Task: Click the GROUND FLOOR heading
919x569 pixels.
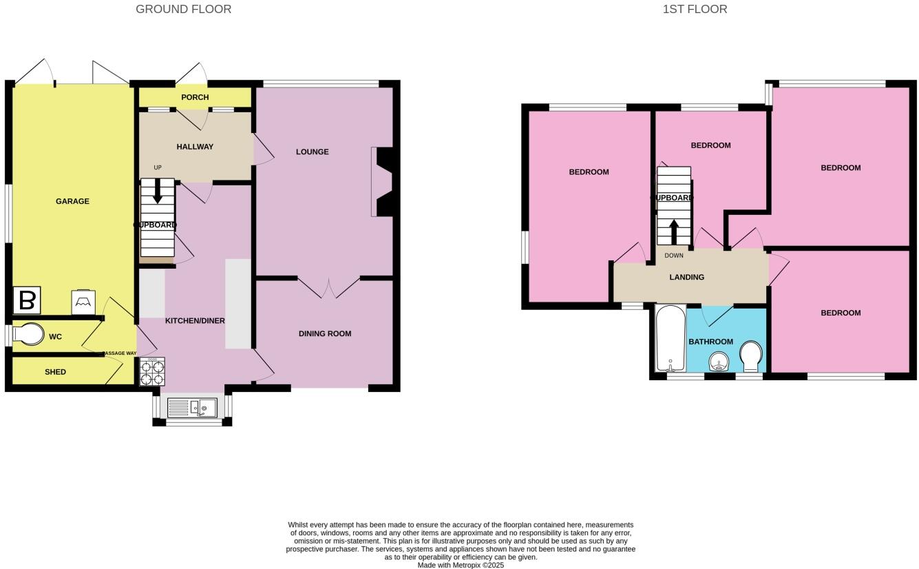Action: point(183,9)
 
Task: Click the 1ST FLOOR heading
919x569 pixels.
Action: point(695,9)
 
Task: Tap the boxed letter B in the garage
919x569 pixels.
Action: point(27,300)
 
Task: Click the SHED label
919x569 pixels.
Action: point(55,372)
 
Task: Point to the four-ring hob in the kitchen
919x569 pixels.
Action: point(152,372)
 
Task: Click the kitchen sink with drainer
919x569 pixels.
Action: point(193,408)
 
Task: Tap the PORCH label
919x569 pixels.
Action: point(195,97)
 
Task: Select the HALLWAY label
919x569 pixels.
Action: point(195,147)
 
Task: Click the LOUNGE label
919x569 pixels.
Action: point(312,152)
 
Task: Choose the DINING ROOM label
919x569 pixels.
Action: point(325,333)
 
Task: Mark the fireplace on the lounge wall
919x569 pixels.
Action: point(383,182)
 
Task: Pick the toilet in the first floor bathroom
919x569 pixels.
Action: point(750,357)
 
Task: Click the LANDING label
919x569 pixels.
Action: point(687,277)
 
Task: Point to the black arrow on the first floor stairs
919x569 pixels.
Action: point(674,231)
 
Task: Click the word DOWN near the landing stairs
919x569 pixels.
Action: point(674,256)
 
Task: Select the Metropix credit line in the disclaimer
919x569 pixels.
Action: point(461,565)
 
